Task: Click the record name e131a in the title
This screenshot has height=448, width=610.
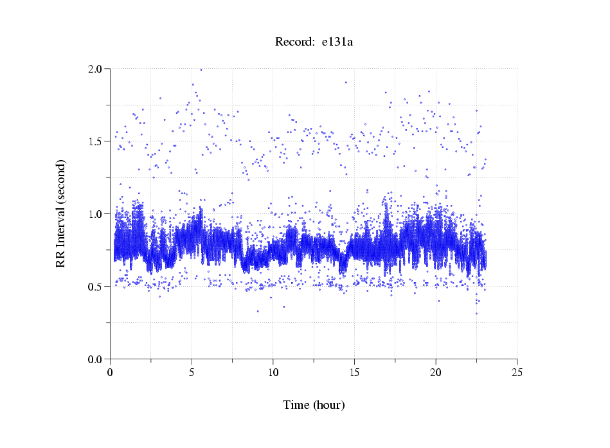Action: [x=337, y=42]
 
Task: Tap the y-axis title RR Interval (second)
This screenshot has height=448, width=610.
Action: [x=60, y=213]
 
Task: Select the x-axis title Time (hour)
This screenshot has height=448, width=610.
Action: [x=314, y=405]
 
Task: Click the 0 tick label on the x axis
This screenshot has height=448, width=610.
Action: [x=111, y=372]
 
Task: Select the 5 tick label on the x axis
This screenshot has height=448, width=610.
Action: [x=192, y=372]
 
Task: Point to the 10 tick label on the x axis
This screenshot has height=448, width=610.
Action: [x=273, y=372]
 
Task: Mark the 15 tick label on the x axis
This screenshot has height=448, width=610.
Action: [x=354, y=372]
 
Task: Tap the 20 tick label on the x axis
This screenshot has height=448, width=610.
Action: [x=436, y=372]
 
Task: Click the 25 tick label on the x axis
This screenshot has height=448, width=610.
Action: [x=517, y=372]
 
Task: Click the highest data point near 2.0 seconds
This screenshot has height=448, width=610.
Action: [x=201, y=69]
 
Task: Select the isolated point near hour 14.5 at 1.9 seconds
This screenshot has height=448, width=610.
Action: [x=346, y=82]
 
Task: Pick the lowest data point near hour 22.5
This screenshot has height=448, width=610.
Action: [x=476, y=314]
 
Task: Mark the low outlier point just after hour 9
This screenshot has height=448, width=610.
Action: [x=258, y=311]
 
